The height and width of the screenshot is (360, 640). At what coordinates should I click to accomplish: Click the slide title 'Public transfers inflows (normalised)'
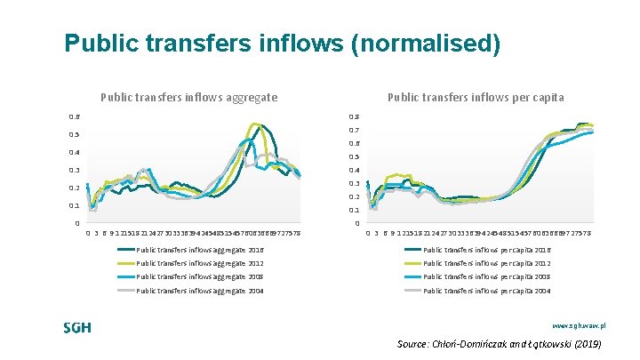coord(283,44)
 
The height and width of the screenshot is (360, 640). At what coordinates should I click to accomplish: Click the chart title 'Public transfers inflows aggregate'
coord(189,97)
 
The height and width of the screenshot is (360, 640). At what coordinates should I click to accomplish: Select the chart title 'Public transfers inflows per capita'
coord(476,97)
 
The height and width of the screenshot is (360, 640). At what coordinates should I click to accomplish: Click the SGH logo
coord(77,327)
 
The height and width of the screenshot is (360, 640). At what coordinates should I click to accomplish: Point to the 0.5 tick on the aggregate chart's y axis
coord(76,135)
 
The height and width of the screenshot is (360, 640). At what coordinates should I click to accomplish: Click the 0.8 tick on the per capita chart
coord(354,116)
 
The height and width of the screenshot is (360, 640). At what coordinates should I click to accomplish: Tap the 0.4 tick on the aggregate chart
coord(76,153)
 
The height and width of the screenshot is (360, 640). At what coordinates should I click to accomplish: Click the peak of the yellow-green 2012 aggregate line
coord(255,124)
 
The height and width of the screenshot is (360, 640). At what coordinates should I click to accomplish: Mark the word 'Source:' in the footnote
coord(414,344)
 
